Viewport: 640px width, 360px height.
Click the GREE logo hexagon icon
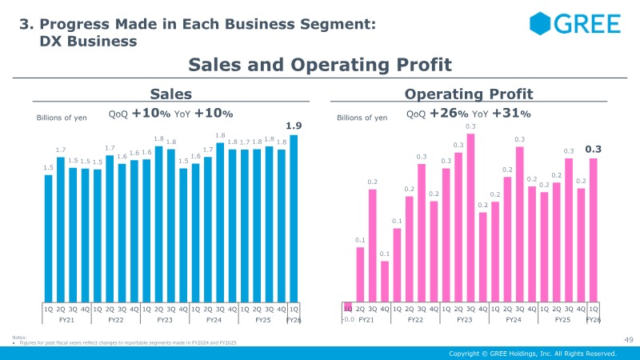(x=542, y=23)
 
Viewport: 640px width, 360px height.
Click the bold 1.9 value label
(x=294, y=126)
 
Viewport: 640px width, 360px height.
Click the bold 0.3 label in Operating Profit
(x=593, y=149)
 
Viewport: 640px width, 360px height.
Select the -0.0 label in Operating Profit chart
(x=348, y=319)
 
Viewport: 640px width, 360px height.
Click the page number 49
(x=628, y=341)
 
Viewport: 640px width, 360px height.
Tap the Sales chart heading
(x=170, y=94)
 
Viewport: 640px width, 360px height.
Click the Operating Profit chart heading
(x=469, y=94)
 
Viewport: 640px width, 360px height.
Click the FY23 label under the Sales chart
(x=164, y=319)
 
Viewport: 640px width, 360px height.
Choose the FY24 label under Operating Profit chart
(x=513, y=319)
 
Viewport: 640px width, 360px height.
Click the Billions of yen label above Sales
(x=62, y=118)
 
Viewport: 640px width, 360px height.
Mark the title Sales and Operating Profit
(x=320, y=65)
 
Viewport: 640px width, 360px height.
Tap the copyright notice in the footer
(x=532, y=353)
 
